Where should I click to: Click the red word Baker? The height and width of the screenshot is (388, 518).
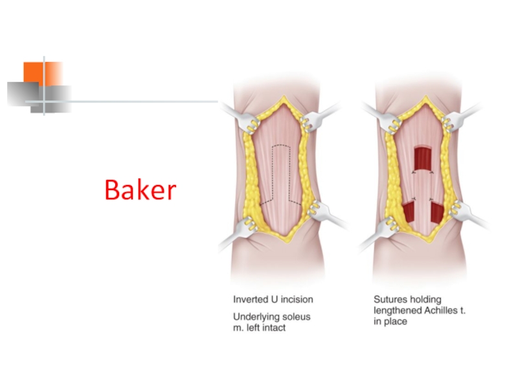click(x=141, y=189)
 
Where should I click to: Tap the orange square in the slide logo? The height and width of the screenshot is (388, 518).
click(x=43, y=74)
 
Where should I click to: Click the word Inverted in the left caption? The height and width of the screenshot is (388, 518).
click(x=251, y=299)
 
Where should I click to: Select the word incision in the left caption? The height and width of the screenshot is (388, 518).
click(x=297, y=299)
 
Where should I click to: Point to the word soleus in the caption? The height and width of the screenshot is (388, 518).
click(x=296, y=317)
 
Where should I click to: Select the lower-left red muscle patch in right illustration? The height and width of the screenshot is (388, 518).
click(x=409, y=213)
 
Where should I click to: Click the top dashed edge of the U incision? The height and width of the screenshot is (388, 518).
click(x=281, y=145)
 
